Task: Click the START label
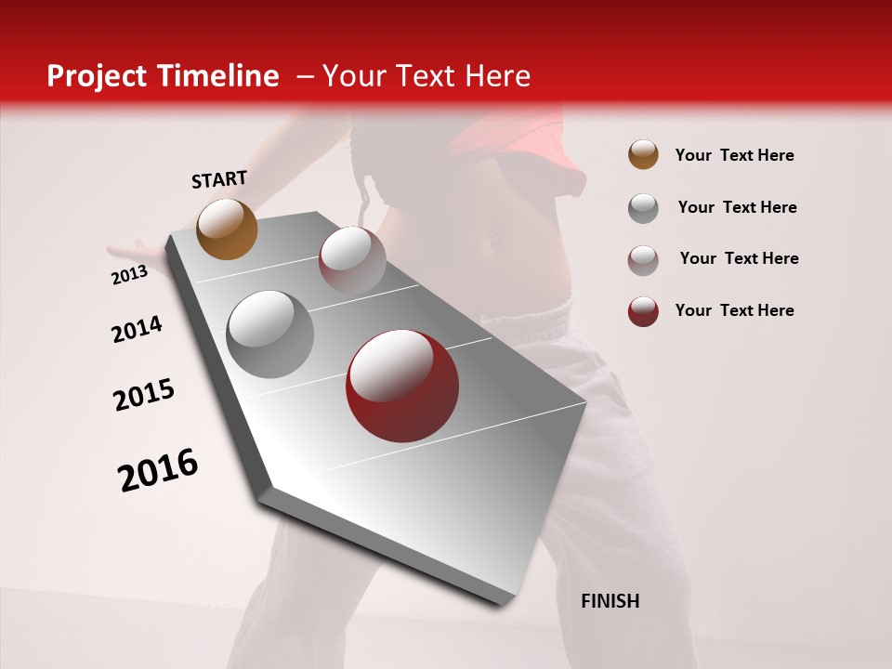coord(219,179)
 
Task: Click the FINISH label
coord(610,601)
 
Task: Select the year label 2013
coord(129,275)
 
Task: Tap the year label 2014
coord(137,329)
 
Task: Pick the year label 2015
coord(144,395)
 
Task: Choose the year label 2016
coord(158,470)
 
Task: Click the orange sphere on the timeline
coord(227,229)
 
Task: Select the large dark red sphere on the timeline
coord(402,386)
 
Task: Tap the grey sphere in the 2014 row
coord(269,334)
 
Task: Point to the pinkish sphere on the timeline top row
coord(352,259)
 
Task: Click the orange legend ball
coord(643,154)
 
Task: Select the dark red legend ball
coord(643,311)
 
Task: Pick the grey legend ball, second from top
coord(643,208)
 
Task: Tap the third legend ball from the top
coord(643,260)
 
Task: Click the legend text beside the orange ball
coord(734,155)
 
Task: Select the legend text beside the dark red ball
coord(734,310)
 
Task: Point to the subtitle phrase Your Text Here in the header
coord(426,76)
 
